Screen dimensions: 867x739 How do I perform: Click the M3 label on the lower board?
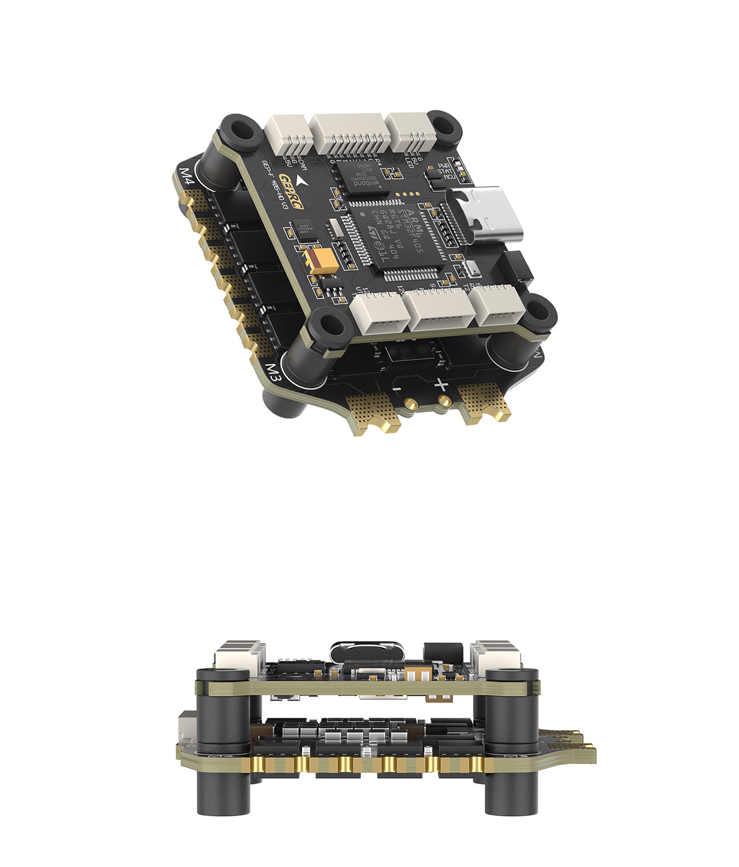273,373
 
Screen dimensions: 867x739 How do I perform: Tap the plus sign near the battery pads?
441,385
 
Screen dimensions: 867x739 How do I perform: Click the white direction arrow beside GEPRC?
301,180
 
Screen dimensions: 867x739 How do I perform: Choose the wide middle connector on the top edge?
350,136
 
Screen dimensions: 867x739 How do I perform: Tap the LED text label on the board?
409,164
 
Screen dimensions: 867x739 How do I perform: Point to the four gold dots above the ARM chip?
407,195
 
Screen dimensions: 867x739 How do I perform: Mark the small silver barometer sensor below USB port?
472,269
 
